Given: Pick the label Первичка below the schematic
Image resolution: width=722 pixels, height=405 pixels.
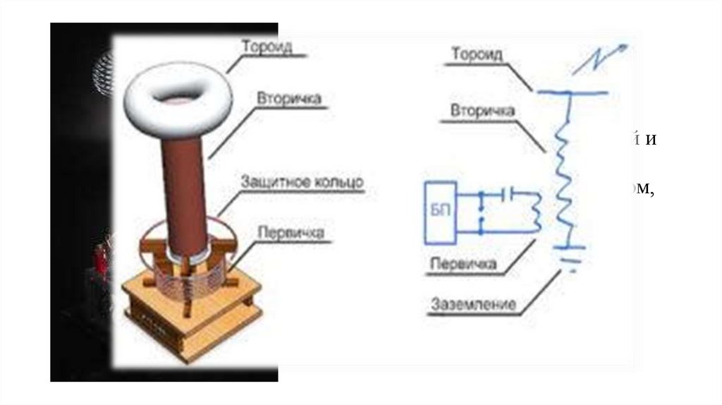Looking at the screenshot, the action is click(463, 265).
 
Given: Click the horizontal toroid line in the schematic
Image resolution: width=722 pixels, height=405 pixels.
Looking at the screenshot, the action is click(569, 92).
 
